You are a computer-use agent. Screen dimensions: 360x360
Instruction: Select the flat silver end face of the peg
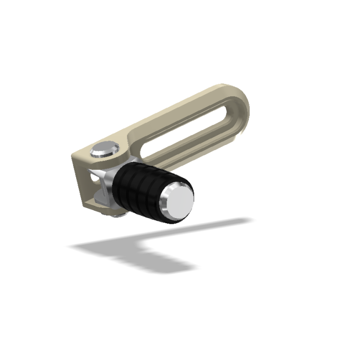coord(178,205)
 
